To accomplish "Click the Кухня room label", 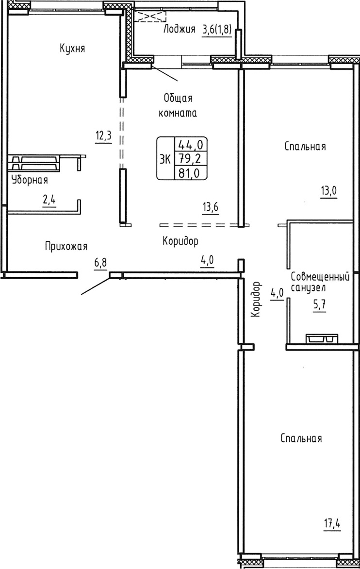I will pyautogui.click(x=73, y=48).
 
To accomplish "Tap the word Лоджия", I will pyautogui.click(x=179, y=29).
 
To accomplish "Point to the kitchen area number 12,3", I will pyautogui.click(x=103, y=135).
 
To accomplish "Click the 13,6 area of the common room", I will pyautogui.click(x=211, y=207).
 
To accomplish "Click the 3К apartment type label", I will pyautogui.click(x=164, y=159).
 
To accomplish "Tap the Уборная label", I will pyautogui.click(x=30, y=180).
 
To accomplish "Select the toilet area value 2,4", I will pyautogui.click(x=49, y=200).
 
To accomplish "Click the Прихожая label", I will pyautogui.click(x=66, y=246).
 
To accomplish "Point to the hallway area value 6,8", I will pyautogui.click(x=100, y=263).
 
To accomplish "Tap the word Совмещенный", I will pyautogui.click(x=320, y=277).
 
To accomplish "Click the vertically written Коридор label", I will pyautogui.click(x=256, y=299).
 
